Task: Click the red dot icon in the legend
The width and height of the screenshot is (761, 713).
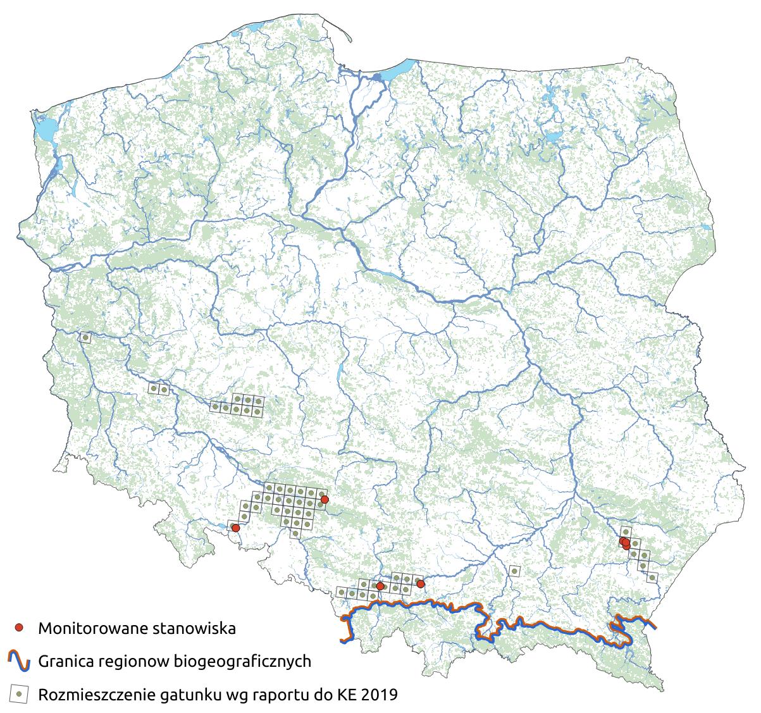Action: pos(20,628)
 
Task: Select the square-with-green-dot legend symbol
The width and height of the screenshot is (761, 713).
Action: pos(20,694)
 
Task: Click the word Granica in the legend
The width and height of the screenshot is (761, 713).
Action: pos(64,662)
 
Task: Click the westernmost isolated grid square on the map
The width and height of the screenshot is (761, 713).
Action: pos(85,338)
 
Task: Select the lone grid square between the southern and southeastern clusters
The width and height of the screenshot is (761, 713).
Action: pos(514,571)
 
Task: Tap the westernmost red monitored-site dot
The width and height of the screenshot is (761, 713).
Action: pos(235,528)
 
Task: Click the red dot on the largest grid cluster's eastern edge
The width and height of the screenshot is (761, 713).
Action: pos(325,500)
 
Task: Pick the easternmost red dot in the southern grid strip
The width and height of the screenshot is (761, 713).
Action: pos(421,584)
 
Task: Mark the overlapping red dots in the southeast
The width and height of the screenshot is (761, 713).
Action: pos(625,543)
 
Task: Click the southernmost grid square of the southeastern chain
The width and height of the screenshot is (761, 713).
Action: pos(652,577)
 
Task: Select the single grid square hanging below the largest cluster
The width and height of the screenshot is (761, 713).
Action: pos(295,533)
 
